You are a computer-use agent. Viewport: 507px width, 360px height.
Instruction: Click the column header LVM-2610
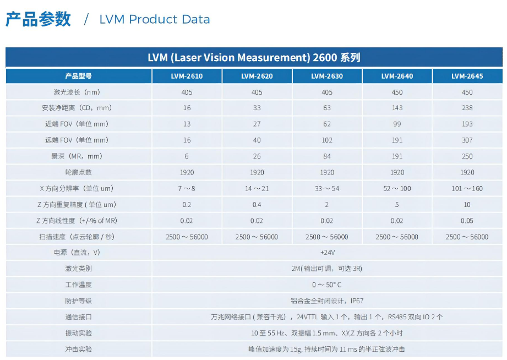point(187,76)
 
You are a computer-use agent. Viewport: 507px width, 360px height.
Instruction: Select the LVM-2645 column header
point(467,76)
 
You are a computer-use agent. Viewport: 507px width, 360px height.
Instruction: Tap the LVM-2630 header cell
point(326,76)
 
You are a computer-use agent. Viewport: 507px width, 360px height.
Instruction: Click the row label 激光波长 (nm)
point(78,92)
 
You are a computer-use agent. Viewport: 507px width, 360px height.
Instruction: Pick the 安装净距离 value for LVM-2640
point(397,108)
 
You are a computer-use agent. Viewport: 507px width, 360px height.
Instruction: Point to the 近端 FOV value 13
point(187,124)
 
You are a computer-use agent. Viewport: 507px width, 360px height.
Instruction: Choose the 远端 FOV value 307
point(467,140)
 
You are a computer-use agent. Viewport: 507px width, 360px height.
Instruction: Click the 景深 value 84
point(326,156)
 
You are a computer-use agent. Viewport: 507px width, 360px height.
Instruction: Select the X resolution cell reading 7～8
point(187,188)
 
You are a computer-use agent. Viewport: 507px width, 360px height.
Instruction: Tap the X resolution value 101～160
point(467,188)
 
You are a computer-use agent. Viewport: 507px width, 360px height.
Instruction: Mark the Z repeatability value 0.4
point(257,205)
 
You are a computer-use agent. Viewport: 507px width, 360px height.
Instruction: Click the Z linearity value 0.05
point(467,221)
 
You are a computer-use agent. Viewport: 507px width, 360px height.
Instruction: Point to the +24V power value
point(327,253)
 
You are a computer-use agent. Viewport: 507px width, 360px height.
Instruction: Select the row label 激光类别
point(78,269)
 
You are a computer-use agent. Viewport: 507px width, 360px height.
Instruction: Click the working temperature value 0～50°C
point(327,285)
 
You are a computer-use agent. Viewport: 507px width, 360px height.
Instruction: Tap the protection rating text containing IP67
point(327,301)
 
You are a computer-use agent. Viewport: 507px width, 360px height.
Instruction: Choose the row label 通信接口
point(78,317)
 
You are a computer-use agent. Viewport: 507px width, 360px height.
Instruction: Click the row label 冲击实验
point(78,349)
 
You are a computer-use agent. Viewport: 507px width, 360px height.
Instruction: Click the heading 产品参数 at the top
point(39,19)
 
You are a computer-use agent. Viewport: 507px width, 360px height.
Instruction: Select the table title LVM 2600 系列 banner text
point(254,57)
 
